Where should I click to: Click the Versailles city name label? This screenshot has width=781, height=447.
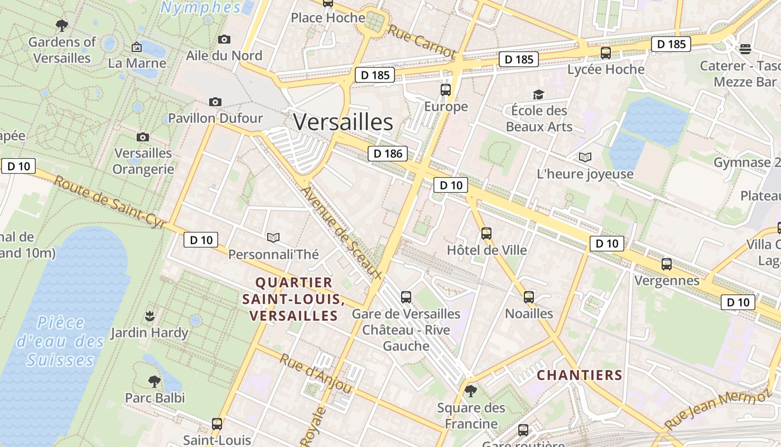tap(343, 122)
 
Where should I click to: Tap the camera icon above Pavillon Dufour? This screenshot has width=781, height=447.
tap(215, 102)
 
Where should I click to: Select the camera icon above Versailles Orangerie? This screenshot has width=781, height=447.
tap(143, 137)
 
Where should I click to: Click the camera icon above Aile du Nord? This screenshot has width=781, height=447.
tap(224, 39)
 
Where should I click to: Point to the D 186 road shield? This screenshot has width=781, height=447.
tap(387, 153)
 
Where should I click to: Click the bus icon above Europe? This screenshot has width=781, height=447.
tap(445, 90)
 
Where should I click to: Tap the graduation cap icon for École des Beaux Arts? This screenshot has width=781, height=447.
tap(538, 94)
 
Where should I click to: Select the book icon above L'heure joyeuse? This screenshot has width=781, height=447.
tap(585, 158)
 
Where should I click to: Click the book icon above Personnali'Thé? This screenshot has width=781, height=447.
tap(273, 238)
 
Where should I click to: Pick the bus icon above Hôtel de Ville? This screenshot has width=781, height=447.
tap(486, 234)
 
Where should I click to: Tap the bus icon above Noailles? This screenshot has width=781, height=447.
tap(529, 297)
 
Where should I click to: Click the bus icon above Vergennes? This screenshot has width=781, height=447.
tap(667, 264)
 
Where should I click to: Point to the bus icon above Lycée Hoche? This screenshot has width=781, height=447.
tap(605, 53)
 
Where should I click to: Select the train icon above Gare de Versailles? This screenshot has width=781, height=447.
tap(406, 297)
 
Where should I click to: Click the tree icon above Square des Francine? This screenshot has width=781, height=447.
tap(471, 391)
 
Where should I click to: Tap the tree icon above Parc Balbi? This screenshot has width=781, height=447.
tap(155, 382)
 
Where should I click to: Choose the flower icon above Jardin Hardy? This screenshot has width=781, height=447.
tap(149, 316)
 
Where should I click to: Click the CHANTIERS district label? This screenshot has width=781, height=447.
tap(579, 375)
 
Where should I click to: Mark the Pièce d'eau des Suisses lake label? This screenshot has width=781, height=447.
tap(60, 341)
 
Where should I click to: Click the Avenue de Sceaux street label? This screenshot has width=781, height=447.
tap(341, 233)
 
